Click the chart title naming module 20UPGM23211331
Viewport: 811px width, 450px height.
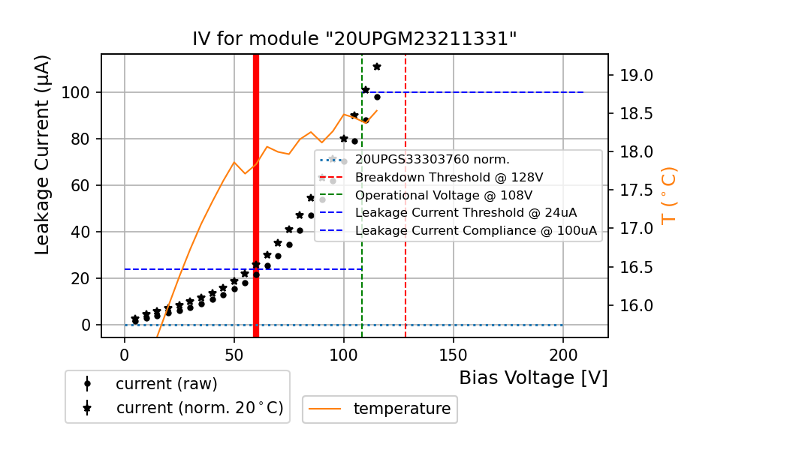tap(354, 39)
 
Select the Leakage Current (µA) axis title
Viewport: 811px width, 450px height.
tap(43, 154)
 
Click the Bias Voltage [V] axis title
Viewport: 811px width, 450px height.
tap(533, 378)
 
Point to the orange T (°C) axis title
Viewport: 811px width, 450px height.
tap(668, 195)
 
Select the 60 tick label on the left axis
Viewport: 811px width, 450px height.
tap(81, 185)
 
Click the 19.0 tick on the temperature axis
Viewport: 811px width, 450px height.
tap(635, 76)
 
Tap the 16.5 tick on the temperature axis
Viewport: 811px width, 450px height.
tap(635, 268)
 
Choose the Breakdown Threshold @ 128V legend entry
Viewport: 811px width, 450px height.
tap(448, 178)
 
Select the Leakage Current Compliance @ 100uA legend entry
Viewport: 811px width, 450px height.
tap(476, 231)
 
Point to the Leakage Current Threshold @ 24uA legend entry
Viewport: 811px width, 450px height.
tap(466, 213)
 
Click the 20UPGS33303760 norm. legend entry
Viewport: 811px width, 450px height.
tap(432, 160)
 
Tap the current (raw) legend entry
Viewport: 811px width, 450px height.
tap(166, 384)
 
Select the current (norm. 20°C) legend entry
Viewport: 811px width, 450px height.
tap(199, 409)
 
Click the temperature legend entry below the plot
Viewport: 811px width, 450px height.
tap(402, 409)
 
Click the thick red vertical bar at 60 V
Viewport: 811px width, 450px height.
tap(256, 195)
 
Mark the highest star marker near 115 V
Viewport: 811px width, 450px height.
tap(377, 67)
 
